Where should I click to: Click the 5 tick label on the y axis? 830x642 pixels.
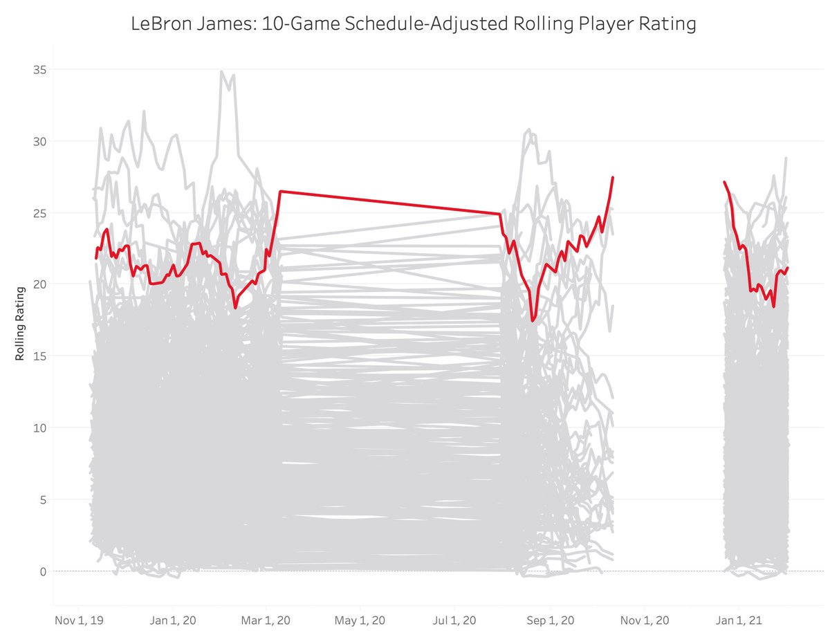(x=39, y=499)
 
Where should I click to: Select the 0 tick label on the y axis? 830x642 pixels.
(x=39, y=571)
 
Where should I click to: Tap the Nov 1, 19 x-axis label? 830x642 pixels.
(x=79, y=621)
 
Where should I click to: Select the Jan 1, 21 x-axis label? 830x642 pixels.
(x=739, y=621)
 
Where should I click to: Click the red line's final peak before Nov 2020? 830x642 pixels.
(x=613, y=178)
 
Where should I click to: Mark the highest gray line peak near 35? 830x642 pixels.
(x=221, y=71)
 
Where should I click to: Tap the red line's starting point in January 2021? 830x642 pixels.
(x=724, y=182)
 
